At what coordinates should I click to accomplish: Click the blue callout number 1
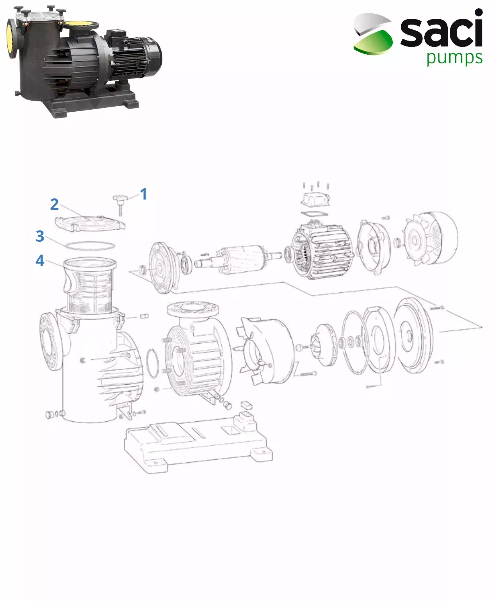(144, 194)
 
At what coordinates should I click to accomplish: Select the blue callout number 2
(54, 204)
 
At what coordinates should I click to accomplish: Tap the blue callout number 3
(40, 236)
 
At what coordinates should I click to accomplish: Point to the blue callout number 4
(40, 260)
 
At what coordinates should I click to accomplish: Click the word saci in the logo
(442, 30)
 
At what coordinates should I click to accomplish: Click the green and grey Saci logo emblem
(372, 34)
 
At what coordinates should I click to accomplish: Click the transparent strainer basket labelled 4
(89, 285)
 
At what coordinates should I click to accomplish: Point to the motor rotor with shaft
(238, 259)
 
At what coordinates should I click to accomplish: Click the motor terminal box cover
(315, 200)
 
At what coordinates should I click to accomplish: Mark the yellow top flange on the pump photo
(81, 25)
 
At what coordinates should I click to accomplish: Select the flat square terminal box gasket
(315, 213)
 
